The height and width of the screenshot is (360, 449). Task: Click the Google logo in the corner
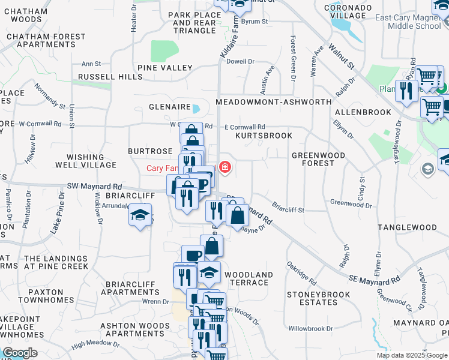[20, 352]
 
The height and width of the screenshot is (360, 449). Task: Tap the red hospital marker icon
[225, 167]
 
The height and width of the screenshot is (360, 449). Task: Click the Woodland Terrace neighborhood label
[249, 278]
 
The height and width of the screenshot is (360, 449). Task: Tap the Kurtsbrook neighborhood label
[264, 136]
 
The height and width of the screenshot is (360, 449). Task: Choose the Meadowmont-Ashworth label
[273, 102]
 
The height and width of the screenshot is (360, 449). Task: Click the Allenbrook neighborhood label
[363, 112]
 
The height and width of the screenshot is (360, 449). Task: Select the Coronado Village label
[345, 12]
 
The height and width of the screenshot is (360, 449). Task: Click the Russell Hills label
[110, 77]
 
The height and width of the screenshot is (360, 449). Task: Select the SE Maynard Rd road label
[375, 279]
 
